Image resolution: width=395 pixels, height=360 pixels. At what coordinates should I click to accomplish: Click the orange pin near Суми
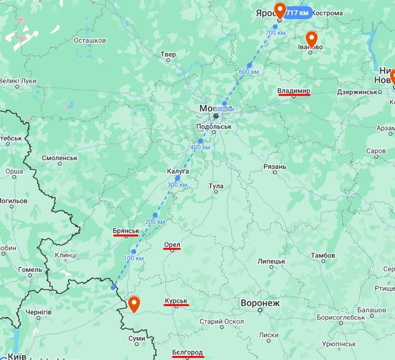coord(134,304)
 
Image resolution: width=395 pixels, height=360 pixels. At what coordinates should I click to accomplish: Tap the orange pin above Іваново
coord(311,38)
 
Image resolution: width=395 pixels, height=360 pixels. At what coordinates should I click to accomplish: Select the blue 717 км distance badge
coord(298,13)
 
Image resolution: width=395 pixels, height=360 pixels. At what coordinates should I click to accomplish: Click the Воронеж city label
coord(260,303)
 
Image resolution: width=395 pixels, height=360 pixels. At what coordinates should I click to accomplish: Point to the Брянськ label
coord(126,231)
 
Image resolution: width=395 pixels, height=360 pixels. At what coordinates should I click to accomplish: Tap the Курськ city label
coord(176,301)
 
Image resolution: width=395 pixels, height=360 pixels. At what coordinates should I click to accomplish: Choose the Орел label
coord(172,245)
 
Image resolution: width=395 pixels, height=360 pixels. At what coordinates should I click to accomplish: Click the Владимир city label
coord(294,91)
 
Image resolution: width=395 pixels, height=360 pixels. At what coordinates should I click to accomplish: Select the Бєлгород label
coord(187,353)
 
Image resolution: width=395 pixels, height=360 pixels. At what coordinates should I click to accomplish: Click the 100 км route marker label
coord(133,259)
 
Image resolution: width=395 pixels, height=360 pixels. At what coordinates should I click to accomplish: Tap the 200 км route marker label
coord(155,222)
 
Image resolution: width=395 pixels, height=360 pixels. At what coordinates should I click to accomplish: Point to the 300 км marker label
coord(177,185)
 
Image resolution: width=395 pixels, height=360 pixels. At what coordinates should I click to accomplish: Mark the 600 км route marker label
coord(249,72)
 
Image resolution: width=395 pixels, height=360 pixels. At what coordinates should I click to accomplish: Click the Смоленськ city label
coord(60,158)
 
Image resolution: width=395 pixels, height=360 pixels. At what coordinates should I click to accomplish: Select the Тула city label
coord(216,186)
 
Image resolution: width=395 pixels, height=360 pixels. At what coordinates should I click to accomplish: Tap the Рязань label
coord(275,167)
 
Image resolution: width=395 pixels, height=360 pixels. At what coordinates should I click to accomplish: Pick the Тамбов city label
coord(323,255)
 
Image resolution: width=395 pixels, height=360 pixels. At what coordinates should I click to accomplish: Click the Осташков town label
coord(90,41)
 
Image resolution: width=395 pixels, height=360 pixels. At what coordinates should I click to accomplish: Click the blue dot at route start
coord(113,287)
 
